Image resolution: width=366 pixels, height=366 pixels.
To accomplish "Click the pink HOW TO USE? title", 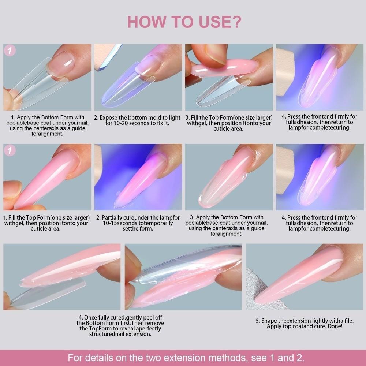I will click(184, 22).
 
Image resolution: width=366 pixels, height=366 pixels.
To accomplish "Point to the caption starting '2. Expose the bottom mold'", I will click(137, 120).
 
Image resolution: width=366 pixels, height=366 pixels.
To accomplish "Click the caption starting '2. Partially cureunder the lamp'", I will click(137, 223).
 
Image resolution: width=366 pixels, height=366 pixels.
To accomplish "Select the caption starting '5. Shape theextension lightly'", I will click(305, 323).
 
